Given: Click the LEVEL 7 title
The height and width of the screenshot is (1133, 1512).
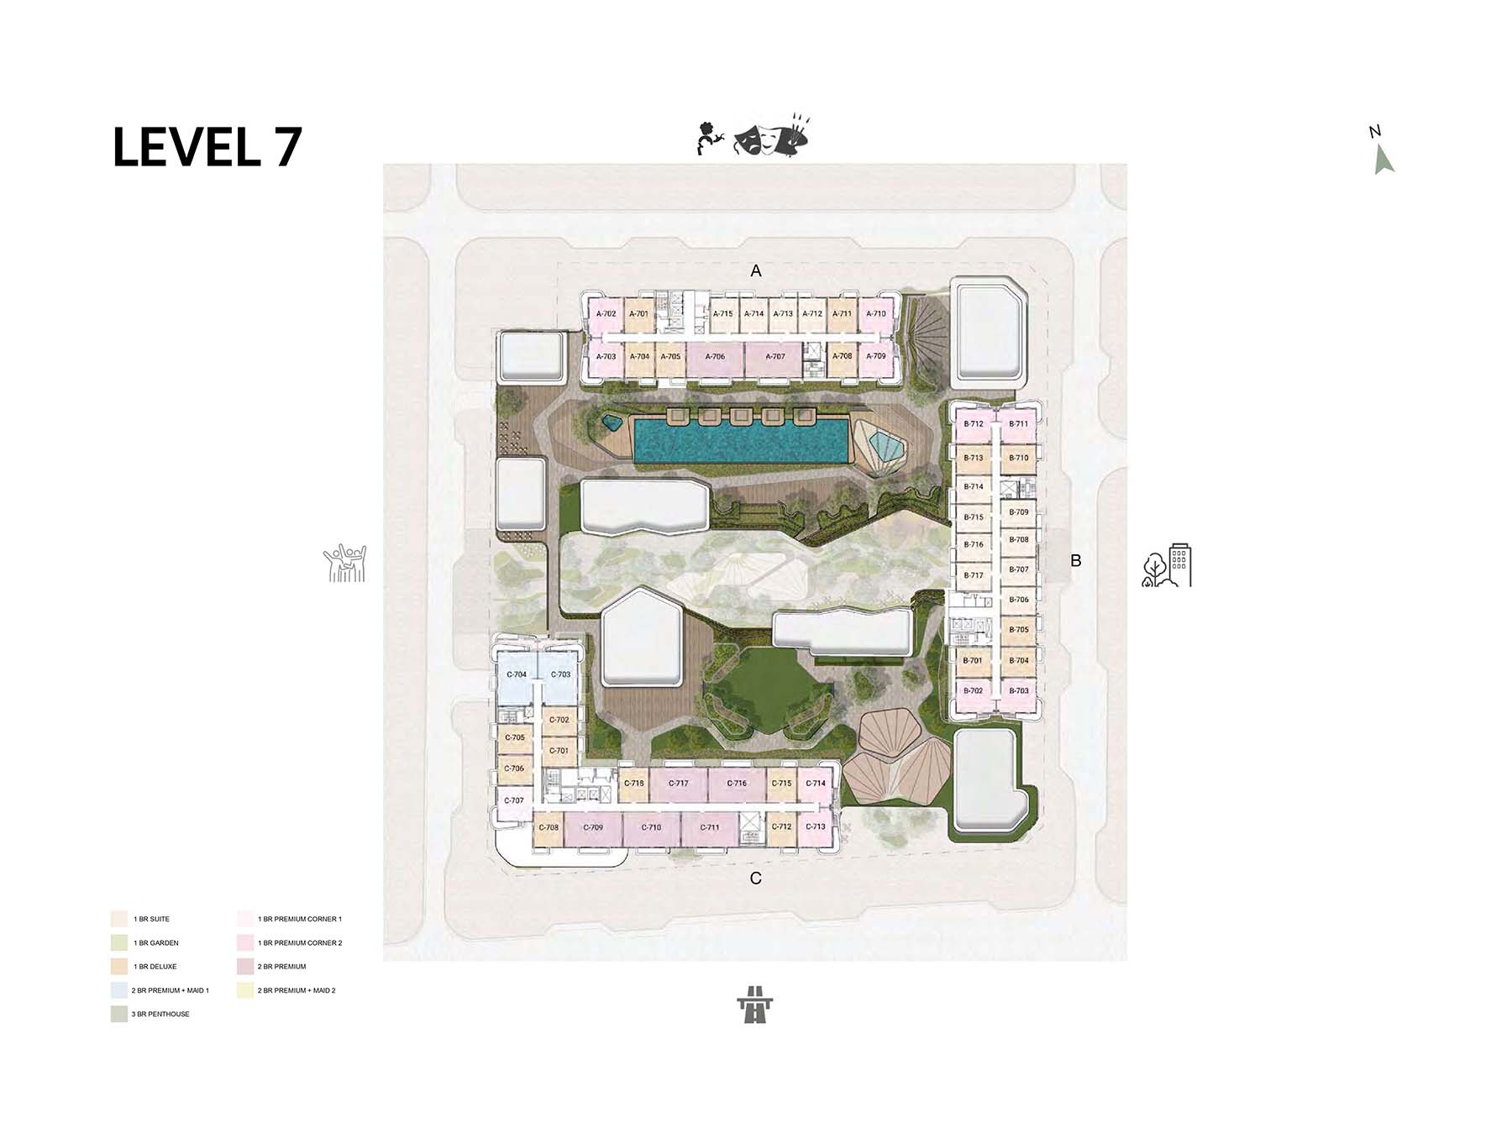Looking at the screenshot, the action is (x=207, y=147).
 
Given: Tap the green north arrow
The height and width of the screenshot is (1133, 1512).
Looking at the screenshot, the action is (x=1383, y=160).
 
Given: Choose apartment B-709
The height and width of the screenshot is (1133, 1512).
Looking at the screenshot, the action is (x=1019, y=511).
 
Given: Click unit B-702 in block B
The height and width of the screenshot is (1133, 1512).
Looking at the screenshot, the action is (x=974, y=691).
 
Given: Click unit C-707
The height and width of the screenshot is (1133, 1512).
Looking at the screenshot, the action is (x=515, y=801).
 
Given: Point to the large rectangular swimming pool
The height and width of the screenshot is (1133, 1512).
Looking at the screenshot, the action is (x=739, y=441).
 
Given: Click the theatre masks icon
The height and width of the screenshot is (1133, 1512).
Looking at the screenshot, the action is (x=753, y=139).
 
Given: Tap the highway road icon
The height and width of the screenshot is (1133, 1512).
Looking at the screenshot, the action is (x=755, y=1004).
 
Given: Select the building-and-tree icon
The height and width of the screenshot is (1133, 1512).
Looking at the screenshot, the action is (x=1167, y=564).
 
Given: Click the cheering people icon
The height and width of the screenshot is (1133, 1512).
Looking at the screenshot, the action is (x=345, y=564).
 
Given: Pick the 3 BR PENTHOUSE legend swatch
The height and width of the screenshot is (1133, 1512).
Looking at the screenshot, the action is (x=118, y=1015).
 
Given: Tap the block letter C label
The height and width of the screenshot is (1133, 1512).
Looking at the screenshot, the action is (x=756, y=879).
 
